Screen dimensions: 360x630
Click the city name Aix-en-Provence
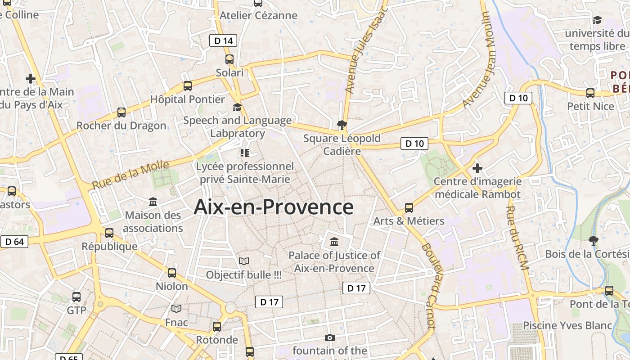pyautogui.click(x=274, y=207)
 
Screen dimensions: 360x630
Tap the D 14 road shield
pyautogui.click(x=223, y=41)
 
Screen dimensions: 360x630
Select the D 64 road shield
pyautogui.click(x=14, y=242)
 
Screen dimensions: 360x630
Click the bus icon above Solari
pyautogui.click(x=229, y=59)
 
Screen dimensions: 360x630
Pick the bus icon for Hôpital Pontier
pyautogui.click(x=188, y=85)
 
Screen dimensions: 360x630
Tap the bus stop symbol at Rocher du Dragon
pyautogui.click(x=121, y=112)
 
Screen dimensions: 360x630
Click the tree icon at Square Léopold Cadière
pyautogui.click(x=342, y=125)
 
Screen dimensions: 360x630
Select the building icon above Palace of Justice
pyautogui.click(x=334, y=242)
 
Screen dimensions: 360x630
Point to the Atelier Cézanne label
pyautogui.click(x=258, y=15)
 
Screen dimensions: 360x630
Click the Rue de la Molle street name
pyautogui.click(x=130, y=175)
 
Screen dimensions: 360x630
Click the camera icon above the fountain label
pyautogui.click(x=330, y=337)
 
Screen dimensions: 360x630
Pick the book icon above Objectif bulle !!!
pyautogui.click(x=244, y=261)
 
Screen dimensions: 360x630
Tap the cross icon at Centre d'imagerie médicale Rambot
pyautogui.click(x=477, y=168)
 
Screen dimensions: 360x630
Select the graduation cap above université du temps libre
pyautogui.click(x=597, y=20)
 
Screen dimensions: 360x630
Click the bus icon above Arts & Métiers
pyautogui.click(x=409, y=207)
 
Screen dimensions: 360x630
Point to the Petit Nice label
pyautogui.click(x=590, y=106)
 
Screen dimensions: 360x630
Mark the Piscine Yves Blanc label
pyautogui.click(x=567, y=325)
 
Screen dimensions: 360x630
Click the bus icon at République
pyautogui.click(x=109, y=233)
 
